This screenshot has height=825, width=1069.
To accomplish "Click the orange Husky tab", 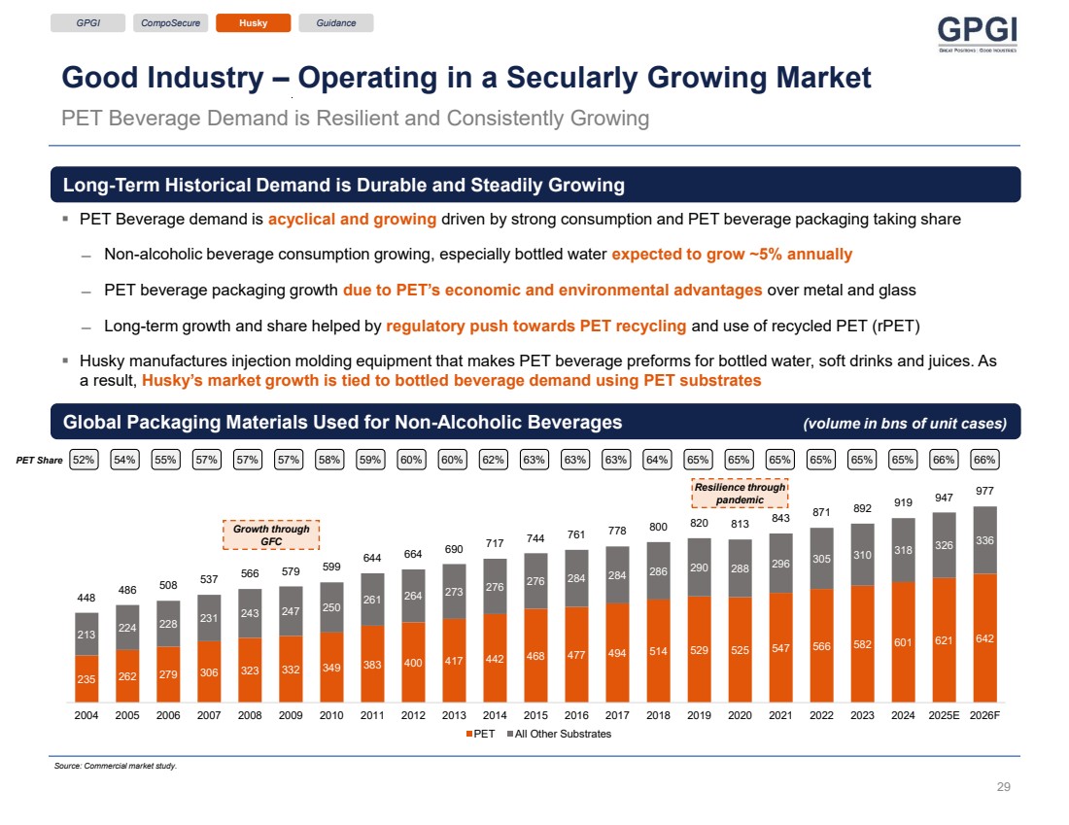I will coord(253,23).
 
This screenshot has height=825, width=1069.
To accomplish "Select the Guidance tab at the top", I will coord(336,23).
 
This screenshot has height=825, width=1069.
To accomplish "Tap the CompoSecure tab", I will coord(170,23).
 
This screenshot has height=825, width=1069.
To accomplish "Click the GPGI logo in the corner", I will coord(977,35).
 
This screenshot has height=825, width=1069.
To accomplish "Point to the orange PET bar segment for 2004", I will coord(86,678).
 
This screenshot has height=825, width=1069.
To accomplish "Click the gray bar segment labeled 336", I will coord(985,540).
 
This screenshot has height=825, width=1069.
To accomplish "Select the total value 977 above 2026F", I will coord(985,492).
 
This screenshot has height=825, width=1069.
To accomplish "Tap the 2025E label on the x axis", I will coord(944,715).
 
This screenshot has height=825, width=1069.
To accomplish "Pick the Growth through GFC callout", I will coord(271,534).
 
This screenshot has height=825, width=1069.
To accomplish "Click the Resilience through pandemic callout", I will coord(740,494).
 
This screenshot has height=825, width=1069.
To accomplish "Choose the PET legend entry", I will coord(480,734).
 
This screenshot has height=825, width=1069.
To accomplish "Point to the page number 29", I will coord(1004,787).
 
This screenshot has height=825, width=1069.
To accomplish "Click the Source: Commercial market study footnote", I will coord(116,766).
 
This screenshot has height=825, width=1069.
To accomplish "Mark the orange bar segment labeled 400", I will coord(413,662).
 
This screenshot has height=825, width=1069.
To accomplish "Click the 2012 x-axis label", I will coord(413,715).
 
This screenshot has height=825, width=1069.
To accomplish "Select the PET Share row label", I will coord(38,460).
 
